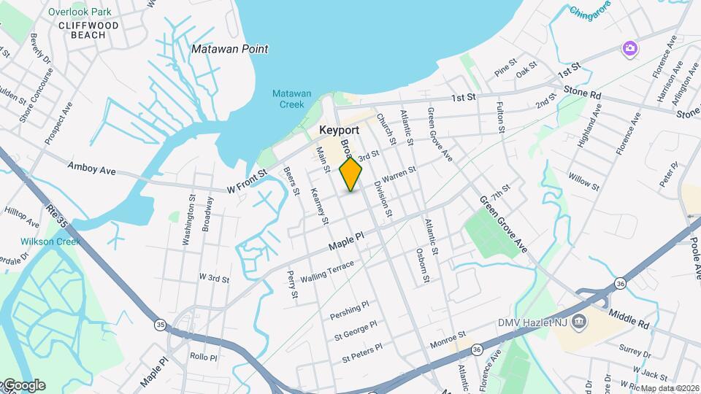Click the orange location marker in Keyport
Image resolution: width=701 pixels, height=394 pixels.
pyautogui.click(x=350, y=174)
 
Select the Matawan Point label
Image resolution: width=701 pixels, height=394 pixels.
pyautogui.click(x=229, y=50)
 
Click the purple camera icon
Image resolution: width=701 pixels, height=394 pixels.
pyautogui.click(x=629, y=49)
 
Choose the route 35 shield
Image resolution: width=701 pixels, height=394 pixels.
pyautogui.click(x=159, y=322)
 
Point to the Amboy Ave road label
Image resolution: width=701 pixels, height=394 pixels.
pyautogui.click(x=92, y=169)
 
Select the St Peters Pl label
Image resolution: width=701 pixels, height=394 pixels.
pyautogui.click(x=358, y=353)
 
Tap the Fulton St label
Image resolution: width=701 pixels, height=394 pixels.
pyautogui.click(x=502, y=117)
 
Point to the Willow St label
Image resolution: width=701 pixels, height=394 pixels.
pyautogui.click(x=583, y=182)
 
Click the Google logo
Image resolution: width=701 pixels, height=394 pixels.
pyautogui.click(x=23, y=385)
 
